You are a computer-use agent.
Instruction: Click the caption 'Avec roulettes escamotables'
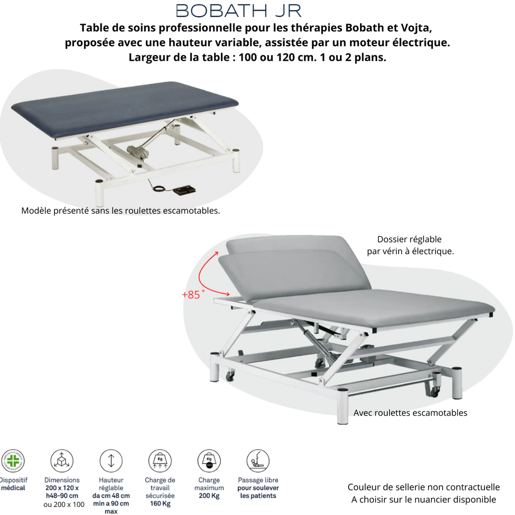click(410, 413)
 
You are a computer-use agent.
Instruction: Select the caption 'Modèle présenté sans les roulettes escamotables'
click(121, 211)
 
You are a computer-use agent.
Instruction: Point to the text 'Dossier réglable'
click(409, 239)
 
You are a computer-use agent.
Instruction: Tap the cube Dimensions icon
click(61, 460)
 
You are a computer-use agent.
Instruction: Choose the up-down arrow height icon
click(111, 460)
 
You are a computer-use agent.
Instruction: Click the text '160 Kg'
click(160, 503)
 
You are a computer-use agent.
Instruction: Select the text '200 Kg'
click(209, 496)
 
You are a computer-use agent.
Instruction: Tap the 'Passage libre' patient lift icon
click(257, 460)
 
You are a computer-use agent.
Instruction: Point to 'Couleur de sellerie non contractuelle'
click(423, 487)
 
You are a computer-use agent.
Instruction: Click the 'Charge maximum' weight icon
click(209, 460)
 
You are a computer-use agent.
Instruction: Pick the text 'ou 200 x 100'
click(64, 504)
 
